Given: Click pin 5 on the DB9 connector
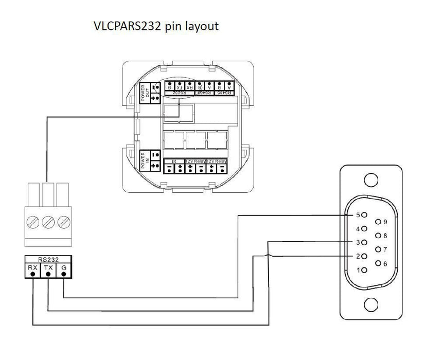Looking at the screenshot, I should click(364, 214).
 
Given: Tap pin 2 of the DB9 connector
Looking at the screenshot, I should click(364, 256).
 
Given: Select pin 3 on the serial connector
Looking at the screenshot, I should click(364, 242).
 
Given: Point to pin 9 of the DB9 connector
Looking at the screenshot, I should click(378, 222).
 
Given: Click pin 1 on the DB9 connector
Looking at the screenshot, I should click(364, 269).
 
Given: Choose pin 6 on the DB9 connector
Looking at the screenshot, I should click(378, 263).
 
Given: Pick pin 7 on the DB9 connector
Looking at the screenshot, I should click(378, 249).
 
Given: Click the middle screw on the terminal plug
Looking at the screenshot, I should click(48, 222).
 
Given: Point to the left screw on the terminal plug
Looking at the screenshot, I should click(33, 222).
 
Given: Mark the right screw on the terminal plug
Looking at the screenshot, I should click(63, 222).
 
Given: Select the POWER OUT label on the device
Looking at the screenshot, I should click(145, 93).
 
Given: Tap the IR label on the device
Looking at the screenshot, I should click(174, 161).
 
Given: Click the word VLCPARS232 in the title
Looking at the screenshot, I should click(126, 26).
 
